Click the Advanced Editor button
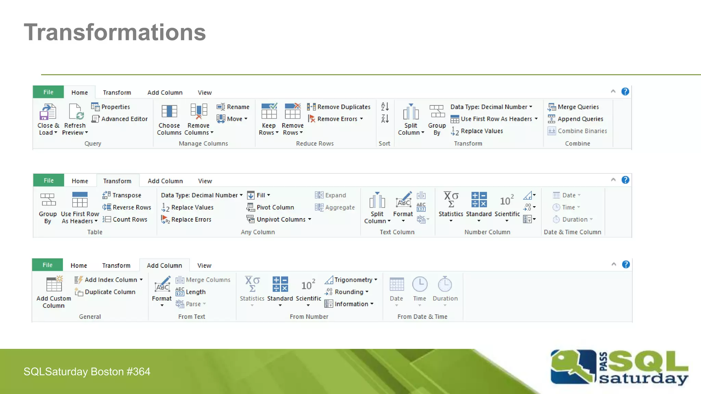[x=120, y=119]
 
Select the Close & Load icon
[x=48, y=112]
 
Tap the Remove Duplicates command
[x=339, y=107]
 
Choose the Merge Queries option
[x=574, y=107]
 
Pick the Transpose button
[x=122, y=195]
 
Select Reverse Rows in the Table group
[x=127, y=207]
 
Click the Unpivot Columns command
[x=279, y=219]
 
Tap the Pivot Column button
[x=270, y=207]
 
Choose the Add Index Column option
[x=109, y=280]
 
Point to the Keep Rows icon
[x=269, y=111]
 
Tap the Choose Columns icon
[x=169, y=111]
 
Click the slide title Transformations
[x=115, y=32]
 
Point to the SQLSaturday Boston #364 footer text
[x=87, y=371]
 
